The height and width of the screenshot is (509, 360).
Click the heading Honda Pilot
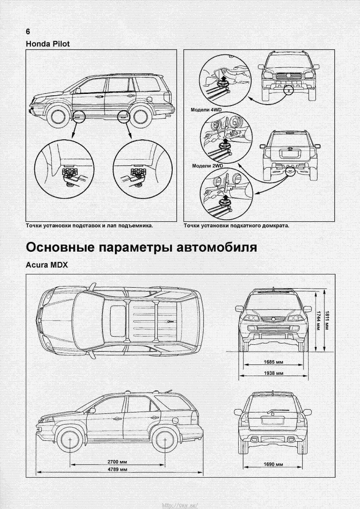tap(48, 44)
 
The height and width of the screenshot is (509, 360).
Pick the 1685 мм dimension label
tap(275, 362)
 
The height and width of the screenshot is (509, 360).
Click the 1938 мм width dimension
tap(275, 373)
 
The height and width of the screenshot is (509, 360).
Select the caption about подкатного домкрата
tap(237, 225)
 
